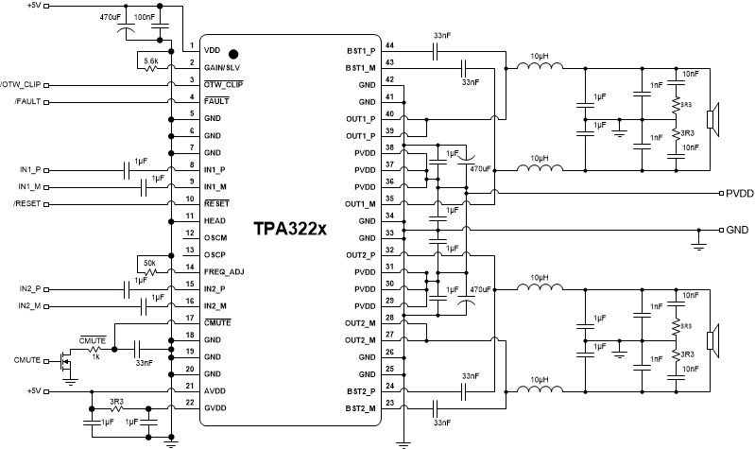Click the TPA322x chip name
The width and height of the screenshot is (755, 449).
pyautogui.click(x=288, y=230)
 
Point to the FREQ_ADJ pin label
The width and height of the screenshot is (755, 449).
pyautogui.click(x=223, y=269)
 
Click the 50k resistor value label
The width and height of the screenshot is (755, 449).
pyautogui.click(x=149, y=261)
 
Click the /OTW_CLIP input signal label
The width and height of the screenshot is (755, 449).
pyautogui.click(x=17, y=84)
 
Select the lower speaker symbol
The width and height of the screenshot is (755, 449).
pyautogui.click(x=717, y=339)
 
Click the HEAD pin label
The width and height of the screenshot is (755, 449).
pyautogui.click(x=214, y=220)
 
